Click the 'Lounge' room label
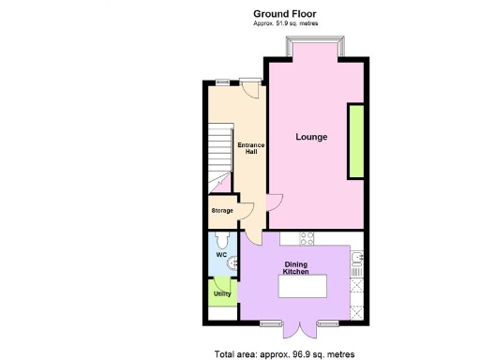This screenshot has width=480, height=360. click(x=311, y=137)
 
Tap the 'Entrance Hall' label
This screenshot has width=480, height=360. click(x=247, y=148)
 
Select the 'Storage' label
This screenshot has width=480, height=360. click(x=222, y=210)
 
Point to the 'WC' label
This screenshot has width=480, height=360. click(x=221, y=255)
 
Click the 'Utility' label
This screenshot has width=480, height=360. click(x=222, y=293)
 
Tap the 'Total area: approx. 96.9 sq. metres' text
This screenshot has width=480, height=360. click(x=280, y=353)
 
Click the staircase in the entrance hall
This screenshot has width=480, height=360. click(x=217, y=150)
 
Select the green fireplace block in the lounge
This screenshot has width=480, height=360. click(x=356, y=142)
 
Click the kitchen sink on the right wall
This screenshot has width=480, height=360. click(x=354, y=259)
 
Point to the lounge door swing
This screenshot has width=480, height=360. click(x=273, y=201)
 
